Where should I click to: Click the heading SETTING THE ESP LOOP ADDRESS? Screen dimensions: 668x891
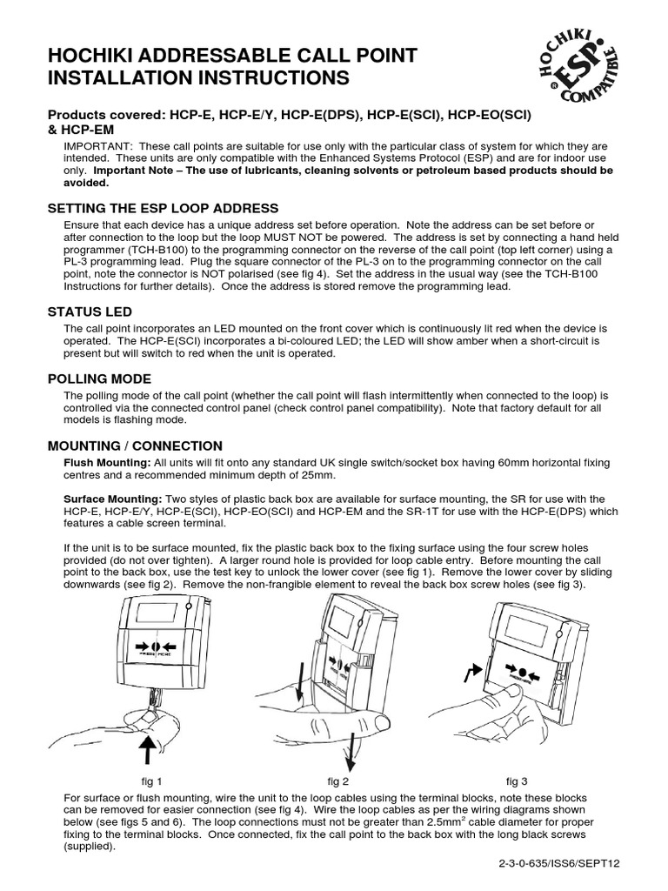point(163,209)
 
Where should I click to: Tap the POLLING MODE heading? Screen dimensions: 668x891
point(99,379)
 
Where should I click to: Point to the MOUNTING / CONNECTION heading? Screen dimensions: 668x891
point(135,445)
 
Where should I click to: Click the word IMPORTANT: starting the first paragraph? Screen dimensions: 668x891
point(96,146)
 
